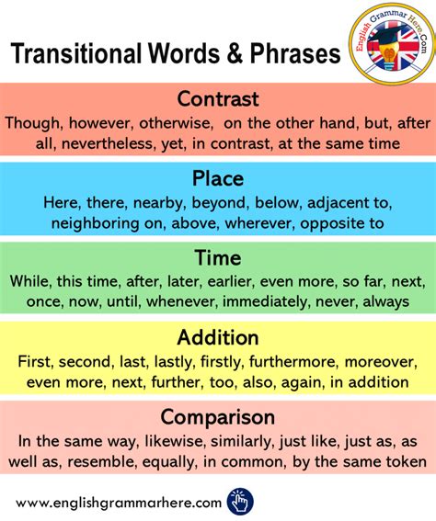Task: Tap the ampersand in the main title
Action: pos(236,54)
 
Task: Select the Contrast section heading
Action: pos(218,98)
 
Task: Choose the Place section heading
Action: pos(218,178)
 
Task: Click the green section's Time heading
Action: pos(218,258)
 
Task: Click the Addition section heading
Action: pos(218,338)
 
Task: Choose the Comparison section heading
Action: pos(218,418)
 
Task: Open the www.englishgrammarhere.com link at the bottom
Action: pos(119,503)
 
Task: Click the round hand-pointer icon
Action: pos(239,502)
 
